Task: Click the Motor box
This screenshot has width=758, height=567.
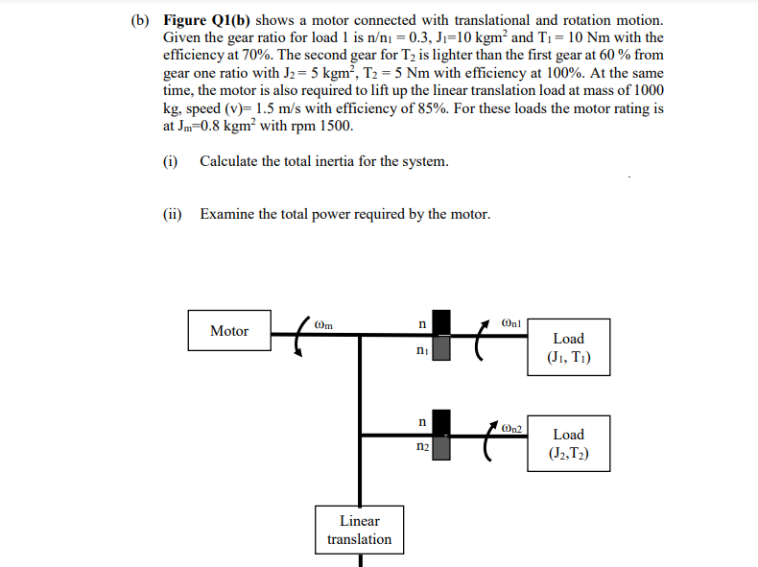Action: click(x=229, y=330)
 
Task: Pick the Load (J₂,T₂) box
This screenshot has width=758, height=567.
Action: click(x=568, y=444)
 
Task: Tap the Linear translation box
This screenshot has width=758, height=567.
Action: click(x=359, y=530)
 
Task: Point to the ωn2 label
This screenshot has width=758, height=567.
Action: click(x=511, y=424)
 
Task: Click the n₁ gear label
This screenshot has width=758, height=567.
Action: click(x=423, y=352)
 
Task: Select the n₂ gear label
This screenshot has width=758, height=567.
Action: click(x=423, y=446)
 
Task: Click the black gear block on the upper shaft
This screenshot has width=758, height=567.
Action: click(x=441, y=321)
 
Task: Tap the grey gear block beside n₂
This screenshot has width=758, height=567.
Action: click(x=441, y=447)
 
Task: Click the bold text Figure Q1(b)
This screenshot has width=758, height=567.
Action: click(x=213, y=20)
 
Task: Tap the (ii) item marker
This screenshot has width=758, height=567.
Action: click(x=172, y=213)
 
